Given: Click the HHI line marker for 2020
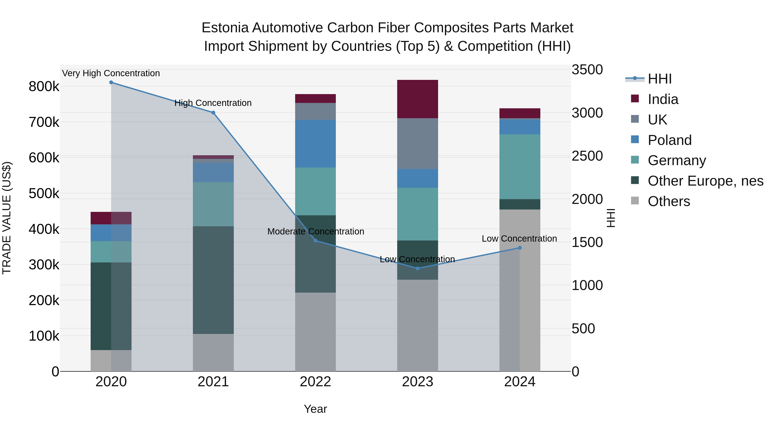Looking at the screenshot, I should tap(111, 82).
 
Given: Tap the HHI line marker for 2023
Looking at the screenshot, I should tap(417, 268).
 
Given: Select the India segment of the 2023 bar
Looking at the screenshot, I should tap(417, 99).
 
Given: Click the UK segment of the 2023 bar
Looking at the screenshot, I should tap(417, 144).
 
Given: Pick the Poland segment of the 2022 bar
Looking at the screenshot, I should tap(315, 144).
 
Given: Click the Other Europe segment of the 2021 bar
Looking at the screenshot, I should tap(213, 280).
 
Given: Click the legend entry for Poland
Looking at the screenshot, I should tap(669, 140).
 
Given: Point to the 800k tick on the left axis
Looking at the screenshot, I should tap(44, 87).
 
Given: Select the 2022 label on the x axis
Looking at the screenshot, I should tap(315, 382).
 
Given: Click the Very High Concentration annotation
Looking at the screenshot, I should tap(111, 73).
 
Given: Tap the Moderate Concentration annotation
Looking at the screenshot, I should tap(316, 231).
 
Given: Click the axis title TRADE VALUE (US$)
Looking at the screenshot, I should tap(7, 218).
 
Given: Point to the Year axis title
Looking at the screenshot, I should tap(315, 409).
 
